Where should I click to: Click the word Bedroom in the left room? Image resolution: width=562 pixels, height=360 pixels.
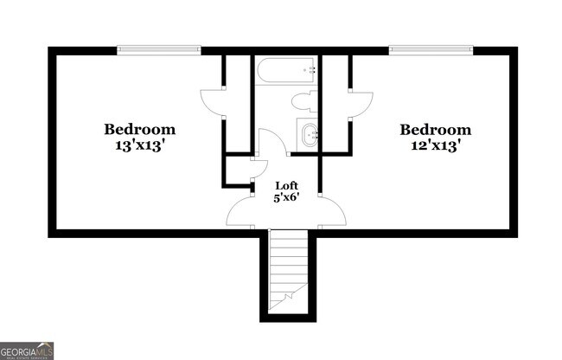click(140, 130)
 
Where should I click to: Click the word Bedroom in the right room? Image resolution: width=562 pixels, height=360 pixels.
click(435, 130)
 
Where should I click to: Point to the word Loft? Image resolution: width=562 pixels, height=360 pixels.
click(287, 185)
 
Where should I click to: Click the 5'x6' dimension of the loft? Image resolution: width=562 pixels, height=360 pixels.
click(287, 197)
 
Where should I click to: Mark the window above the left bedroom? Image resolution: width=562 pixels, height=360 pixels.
click(159, 49)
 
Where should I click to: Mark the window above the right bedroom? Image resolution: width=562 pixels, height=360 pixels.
click(431, 49)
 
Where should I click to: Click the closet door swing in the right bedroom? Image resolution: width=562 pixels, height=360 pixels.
click(361, 103)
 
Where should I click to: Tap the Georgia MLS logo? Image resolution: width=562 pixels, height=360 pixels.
click(27, 350)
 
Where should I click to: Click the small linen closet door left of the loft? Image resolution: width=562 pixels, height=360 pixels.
click(253, 170)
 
